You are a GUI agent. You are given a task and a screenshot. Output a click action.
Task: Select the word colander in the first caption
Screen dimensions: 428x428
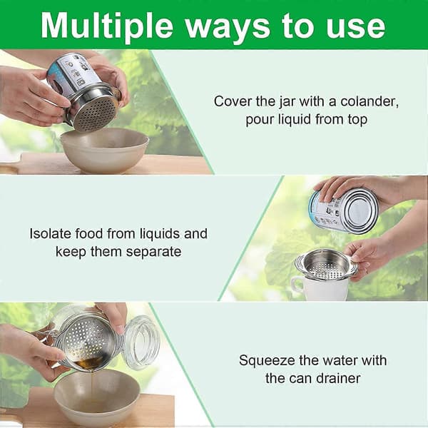(x=370, y=101)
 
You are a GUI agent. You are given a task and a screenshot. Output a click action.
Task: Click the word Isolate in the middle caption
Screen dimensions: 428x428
(x=50, y=233)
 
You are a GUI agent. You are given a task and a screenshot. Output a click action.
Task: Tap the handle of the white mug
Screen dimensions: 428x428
(x=296, y=285)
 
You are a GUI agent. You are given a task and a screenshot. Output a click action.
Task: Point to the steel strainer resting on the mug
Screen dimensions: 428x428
(x=327, y=265)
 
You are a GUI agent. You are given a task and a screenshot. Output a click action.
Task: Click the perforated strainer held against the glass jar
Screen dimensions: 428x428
(x=87, y=343)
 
